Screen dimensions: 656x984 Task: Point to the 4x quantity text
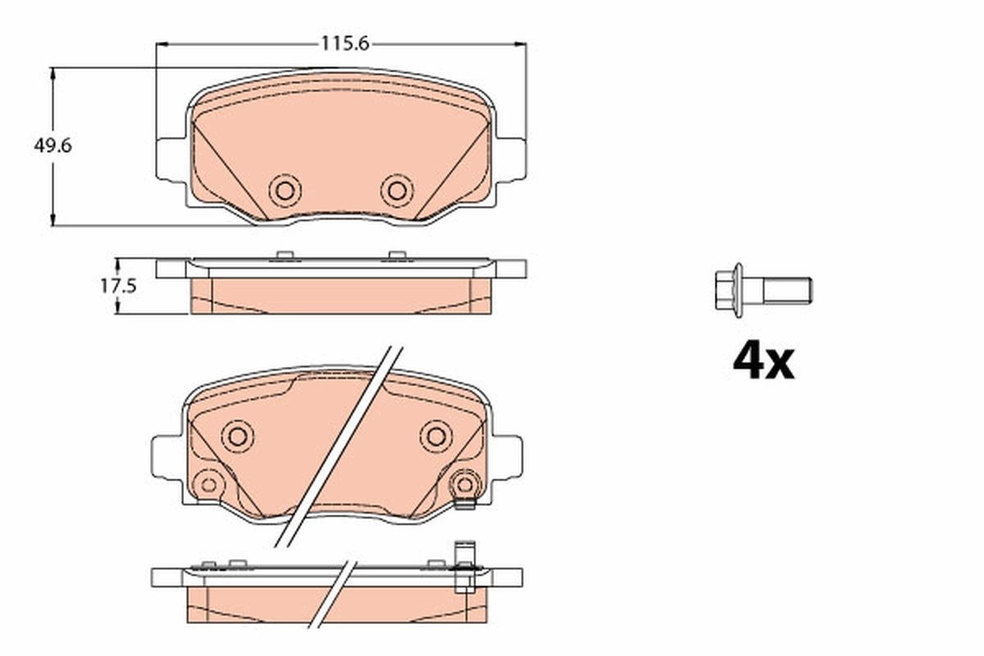click(x=763, y=362)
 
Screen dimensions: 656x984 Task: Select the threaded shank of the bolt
click(x=787, y=290)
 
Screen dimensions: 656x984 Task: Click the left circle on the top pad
click(x=285, y=191)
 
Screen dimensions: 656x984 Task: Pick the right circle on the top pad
click(x=397, y=191)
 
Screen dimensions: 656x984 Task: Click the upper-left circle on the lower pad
click(x=238, y=435)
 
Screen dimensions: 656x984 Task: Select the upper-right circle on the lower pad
click(x=435, y=435)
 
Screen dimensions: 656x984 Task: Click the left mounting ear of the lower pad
click(x=166, y=458)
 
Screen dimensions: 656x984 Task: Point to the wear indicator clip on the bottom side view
click(x=464, y=567)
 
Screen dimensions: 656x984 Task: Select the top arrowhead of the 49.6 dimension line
click(x=54, y=73)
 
